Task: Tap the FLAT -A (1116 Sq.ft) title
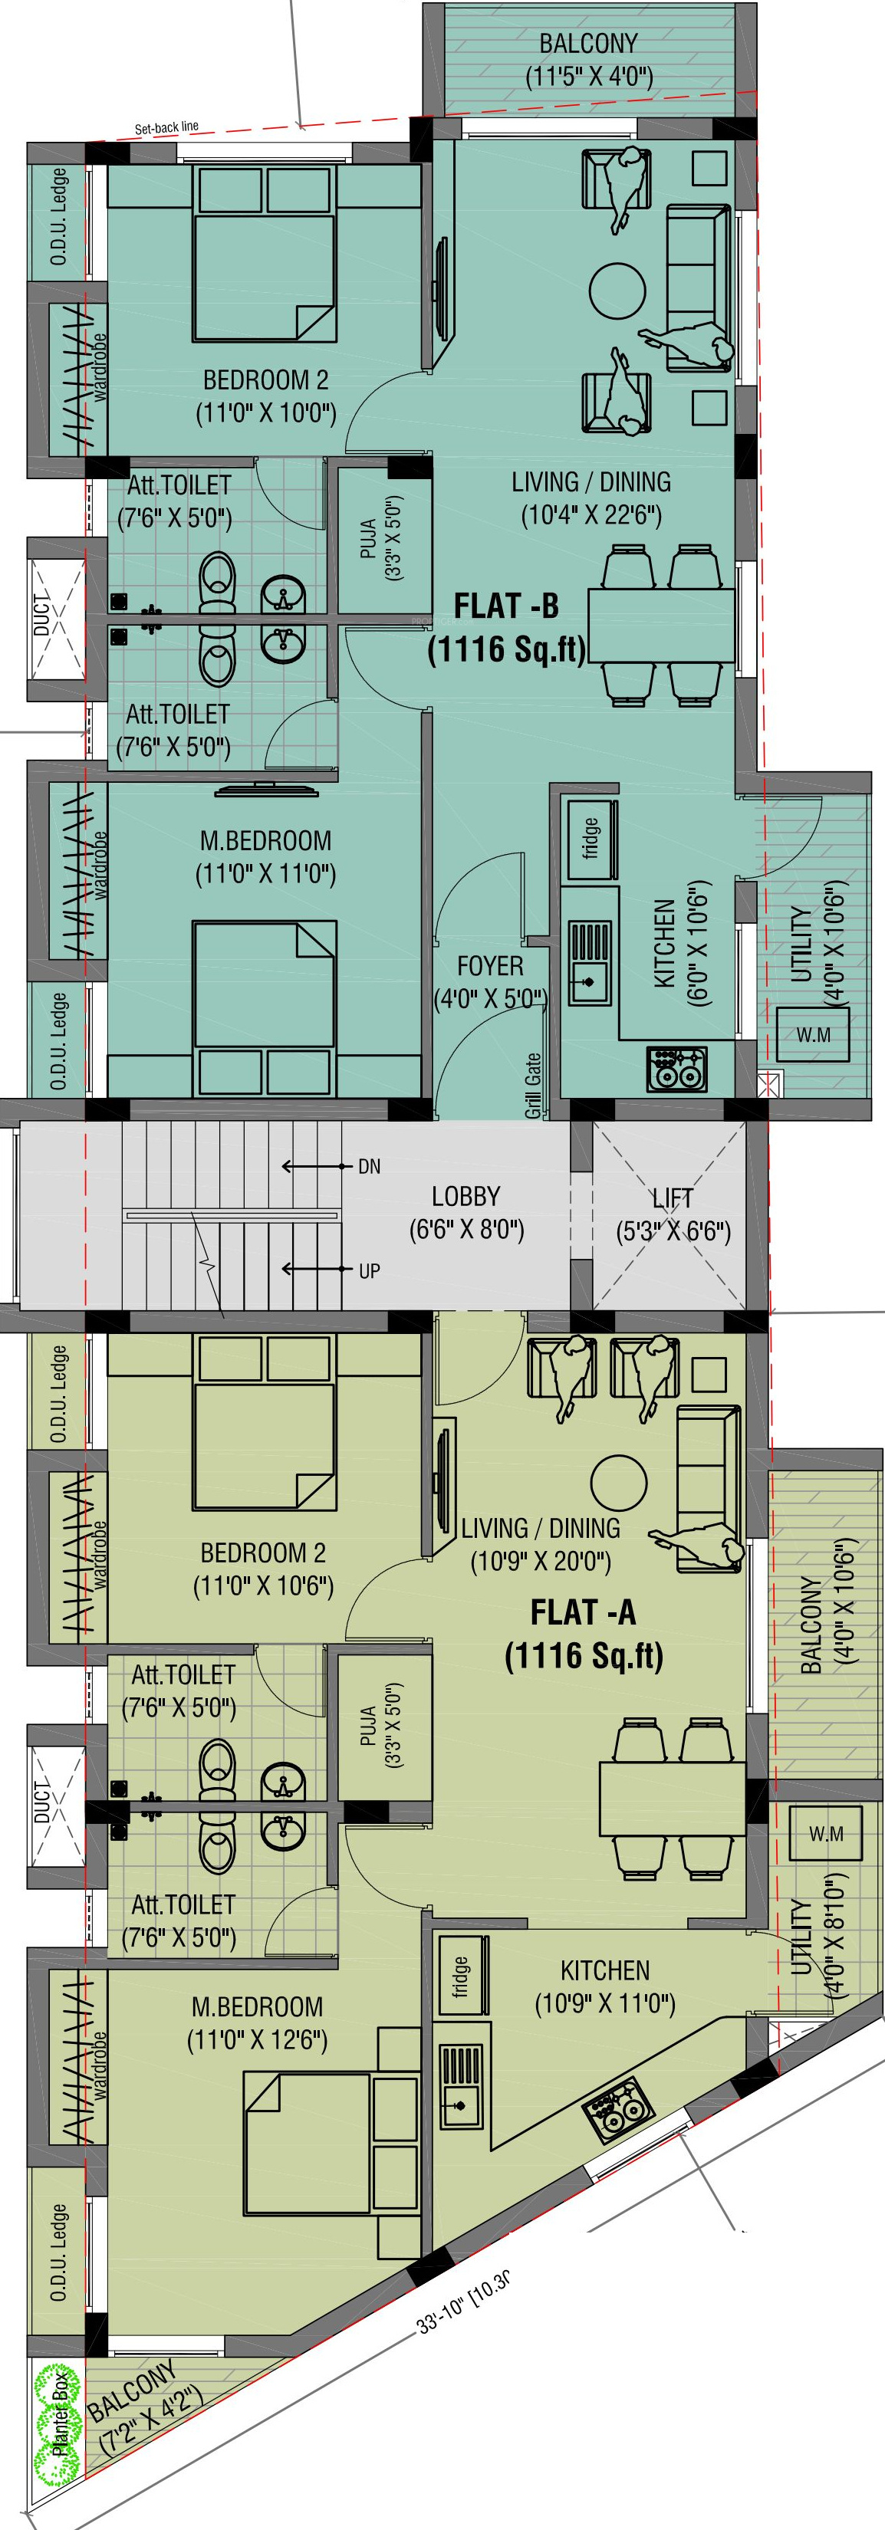tap(584, 1633)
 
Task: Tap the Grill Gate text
tap(533, 1086)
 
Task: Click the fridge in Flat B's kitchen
tap(591, 839)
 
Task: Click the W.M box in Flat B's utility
tap(814, 1034)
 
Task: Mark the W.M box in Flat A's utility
tap(826, 1832)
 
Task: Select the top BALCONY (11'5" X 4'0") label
tap(588, 60)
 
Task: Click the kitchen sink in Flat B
tap(591, 962)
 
